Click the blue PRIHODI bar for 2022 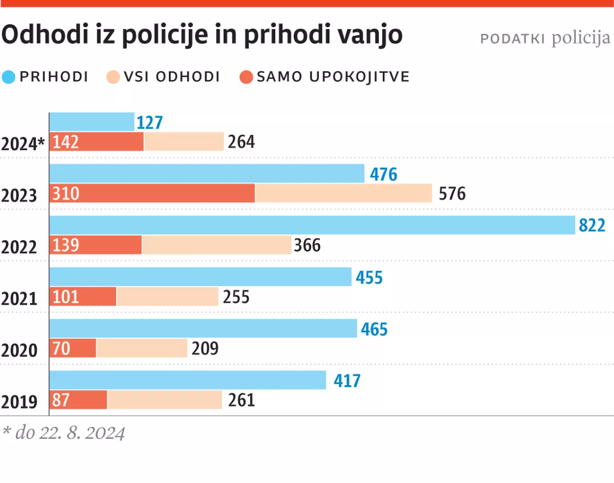coord(312,225)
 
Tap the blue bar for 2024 coord(92,122)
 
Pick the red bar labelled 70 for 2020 coord(73,349)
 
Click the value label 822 coord(592,226)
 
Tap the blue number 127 coord(149,123)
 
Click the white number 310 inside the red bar coord(65,194)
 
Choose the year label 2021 coord(19,299)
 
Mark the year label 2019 coord(19,403)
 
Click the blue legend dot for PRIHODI coord(9,77)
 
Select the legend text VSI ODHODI coord(171,77)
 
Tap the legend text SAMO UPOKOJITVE coord(333,77)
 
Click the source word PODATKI coord(513,39)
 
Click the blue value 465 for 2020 coord(374,329)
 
